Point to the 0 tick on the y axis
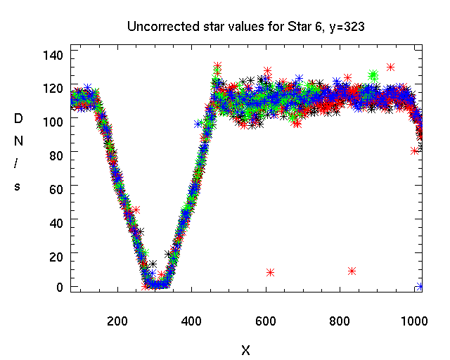pyautogui.click(x=60, y=287)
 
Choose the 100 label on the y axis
pyautogui.click(x=54, y=121)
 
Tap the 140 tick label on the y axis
pyautogui.click(x=54, y=55)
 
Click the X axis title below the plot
pyautogui.click(x=245, y=349)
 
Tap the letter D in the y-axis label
pyautogui.click(x=19, y=119)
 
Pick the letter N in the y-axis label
pyautogui.click(x=19, y=141)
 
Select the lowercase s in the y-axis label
pyautogui.click(x=19, y=186)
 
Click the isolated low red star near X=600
pyautogui.click(x=270, y=272)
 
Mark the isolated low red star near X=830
pyautogui.click(x=352, y=271)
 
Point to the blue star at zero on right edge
pyautogui.click(x=420, y=286)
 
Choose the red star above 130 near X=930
pyautogui.click(x=390, y=67)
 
